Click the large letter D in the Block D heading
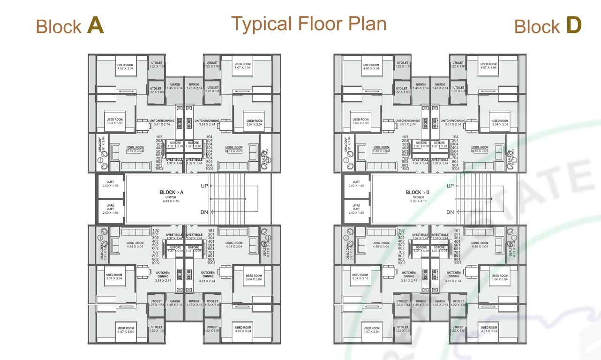[x=573, y=25]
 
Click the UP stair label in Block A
[x=204, y=186]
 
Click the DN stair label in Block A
[x=204, y=212]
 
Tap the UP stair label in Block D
[x=450, y=186]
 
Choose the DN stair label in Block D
[x=450, y=212]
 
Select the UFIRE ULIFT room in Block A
[x=110, y=209]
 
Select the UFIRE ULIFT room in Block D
[x=356, y=209]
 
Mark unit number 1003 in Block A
[x=160, y=168]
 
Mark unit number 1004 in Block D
[x=455, y=168]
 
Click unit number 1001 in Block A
[x=211, y=262]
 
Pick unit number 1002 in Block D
[x=401, y=263]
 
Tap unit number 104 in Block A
[x=209, y=137]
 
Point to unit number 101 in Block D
[x=457, y=231]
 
